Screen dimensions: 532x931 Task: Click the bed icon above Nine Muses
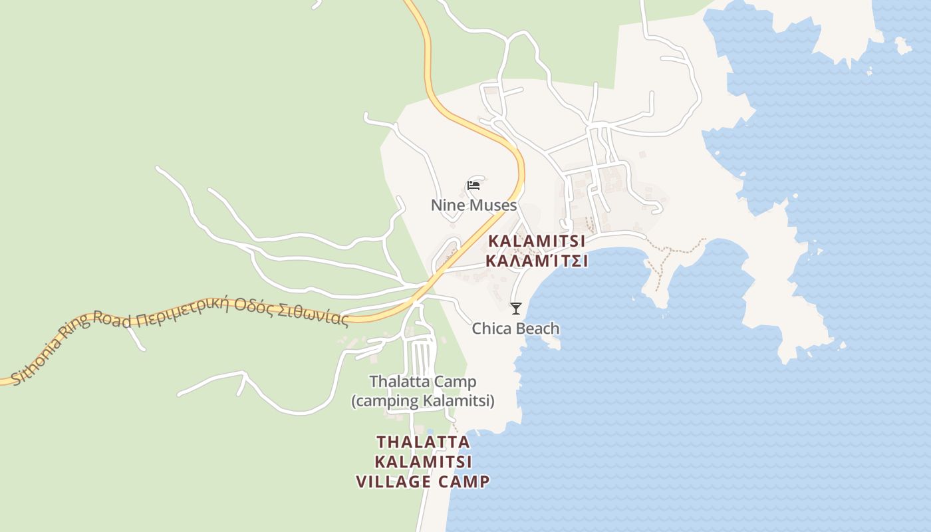(473, 185)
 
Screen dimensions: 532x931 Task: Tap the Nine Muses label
(473, 205)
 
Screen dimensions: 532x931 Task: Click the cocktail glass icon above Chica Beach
(515, 308)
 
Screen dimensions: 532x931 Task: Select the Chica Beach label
(515, 329)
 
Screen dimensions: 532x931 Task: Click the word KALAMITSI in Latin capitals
(537, 241)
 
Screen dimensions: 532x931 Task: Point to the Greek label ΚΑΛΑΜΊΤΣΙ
(537, 261)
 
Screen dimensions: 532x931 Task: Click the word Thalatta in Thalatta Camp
(395, 382)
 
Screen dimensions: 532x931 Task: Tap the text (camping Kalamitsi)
(423, 401)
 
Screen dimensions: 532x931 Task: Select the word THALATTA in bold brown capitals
(423, 442)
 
